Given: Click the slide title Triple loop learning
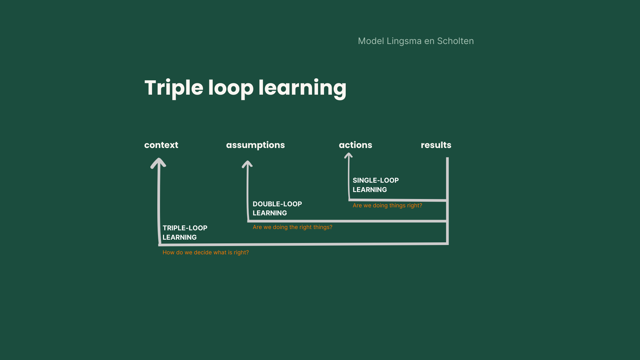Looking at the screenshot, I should click(x=245, y=88).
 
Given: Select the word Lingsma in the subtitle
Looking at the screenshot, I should click(x=404, y=41).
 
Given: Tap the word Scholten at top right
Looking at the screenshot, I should click(x=455, y=41).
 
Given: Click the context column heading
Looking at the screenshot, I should click(x=161, y=145).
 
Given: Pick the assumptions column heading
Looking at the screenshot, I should click(x=255, y=145).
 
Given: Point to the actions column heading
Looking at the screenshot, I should click(x=355, y=145).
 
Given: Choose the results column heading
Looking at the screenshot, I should click(x=436, y=145).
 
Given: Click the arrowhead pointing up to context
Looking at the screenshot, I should click(x=158, y=163).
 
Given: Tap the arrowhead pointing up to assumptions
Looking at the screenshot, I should click(x=247, y=164).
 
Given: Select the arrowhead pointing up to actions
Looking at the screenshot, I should click(x=348, y=155).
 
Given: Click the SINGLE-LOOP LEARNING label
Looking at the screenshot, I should click(x=376, y=185).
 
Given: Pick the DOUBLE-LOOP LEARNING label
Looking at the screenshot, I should click(x=277, y=208).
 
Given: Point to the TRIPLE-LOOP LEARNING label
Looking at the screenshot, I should click(x=185, y=233).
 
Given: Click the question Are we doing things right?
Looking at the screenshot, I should click(x=387, y=205).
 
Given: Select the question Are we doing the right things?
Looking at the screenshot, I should click(x=292, y=227).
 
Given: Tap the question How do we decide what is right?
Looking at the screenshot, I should click(x=206, y=252).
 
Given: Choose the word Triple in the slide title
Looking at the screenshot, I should click(x=174, y=88).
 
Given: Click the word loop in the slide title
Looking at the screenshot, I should click(x=231, y=88).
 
